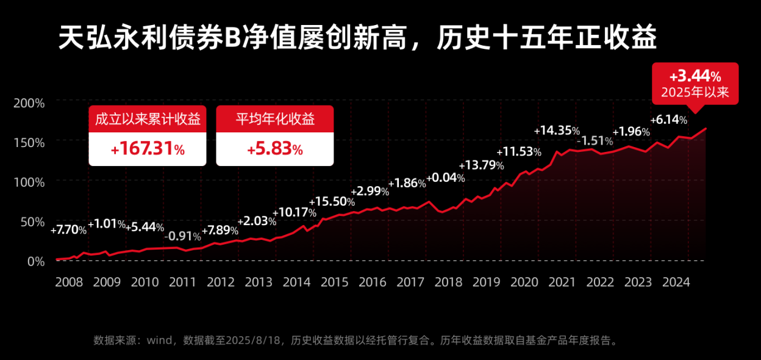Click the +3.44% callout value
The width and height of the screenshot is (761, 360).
[695, 77]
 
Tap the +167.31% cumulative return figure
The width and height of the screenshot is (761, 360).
[148, 149]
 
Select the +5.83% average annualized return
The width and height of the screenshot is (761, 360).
[275, 149]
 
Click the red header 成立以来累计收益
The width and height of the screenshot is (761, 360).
[148, 119]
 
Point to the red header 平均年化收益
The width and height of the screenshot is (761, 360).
[275, 119]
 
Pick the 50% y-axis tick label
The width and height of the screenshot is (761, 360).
[32, 221]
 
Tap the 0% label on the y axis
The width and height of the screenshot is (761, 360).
[35, 261]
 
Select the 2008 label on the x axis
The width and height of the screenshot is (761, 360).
[69, 282]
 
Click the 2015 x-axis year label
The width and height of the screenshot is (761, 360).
[335, 282]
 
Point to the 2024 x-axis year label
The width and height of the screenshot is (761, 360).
[676, 282]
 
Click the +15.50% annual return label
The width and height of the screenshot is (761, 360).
[332, 202]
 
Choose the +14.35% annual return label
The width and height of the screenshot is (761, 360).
[557, 131]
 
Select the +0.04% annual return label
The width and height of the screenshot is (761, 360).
[446, 178]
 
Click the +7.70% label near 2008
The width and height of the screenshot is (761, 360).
[68, 230]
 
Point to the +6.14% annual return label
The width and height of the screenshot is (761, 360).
[669, 120]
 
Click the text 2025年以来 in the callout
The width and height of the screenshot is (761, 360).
[695, 93]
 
